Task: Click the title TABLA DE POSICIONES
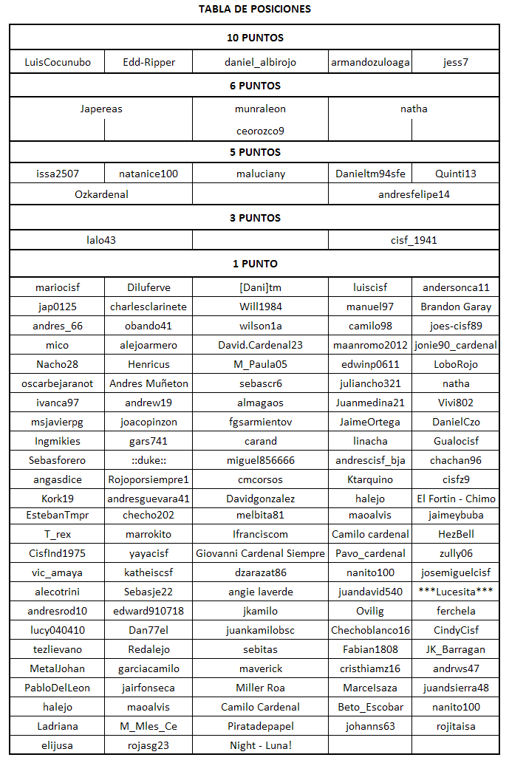[x=255, y=10]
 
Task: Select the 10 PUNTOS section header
[x=255, y=38]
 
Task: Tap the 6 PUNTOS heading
[x=255, y=86]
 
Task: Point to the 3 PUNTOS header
[x=255, y=218]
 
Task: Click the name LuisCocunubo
[x=58, y=62]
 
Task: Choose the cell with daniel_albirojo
[x=260, y=62]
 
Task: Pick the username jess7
[x=456, y=62]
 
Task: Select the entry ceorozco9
[x=260, y=131]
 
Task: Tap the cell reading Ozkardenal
[x=101, y=194]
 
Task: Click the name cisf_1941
[x=414, y=240]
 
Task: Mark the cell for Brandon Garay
[x=456, y=307]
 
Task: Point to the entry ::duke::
[x=148, y=460]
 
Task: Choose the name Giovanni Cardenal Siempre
[x=260, y=553]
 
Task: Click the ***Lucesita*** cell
[x=456, y=592]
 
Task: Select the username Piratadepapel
[x=260, y=726]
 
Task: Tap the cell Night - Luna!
[x=260, y=745]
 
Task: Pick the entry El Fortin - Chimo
[x=456, y=499]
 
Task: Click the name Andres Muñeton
[x=148, y=383]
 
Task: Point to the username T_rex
[x=58, y=534]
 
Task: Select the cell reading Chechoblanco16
[x=370, y=630]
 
